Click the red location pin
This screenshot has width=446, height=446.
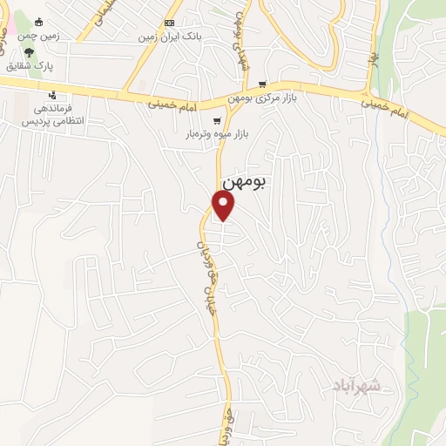224,205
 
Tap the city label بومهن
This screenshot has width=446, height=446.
246,182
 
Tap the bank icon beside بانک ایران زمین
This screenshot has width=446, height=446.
169,23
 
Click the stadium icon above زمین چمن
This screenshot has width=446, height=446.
37,22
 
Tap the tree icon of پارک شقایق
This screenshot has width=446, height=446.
29,52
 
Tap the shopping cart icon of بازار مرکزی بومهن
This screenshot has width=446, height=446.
262,84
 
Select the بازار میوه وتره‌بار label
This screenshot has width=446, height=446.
213,134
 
